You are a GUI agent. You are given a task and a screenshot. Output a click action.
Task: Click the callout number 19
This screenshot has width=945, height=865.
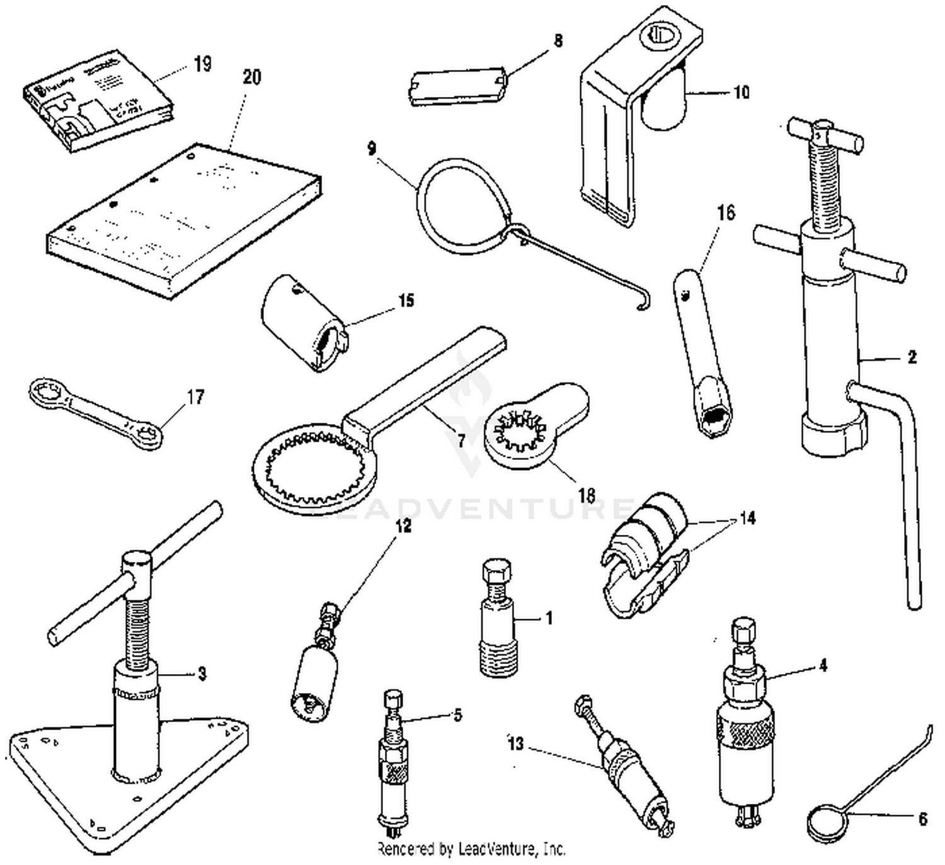(202, 64)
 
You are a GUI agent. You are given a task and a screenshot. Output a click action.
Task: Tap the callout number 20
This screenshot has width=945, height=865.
(251, 77)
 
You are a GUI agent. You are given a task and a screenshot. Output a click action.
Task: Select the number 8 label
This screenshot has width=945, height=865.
(558, 41)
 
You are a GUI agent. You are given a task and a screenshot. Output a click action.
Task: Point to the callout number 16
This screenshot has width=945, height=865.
(726, 213)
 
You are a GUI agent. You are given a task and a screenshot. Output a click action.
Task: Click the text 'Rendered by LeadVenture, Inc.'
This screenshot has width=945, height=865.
(471, 849)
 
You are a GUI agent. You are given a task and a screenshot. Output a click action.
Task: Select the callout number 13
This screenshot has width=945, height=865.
(515, 743)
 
